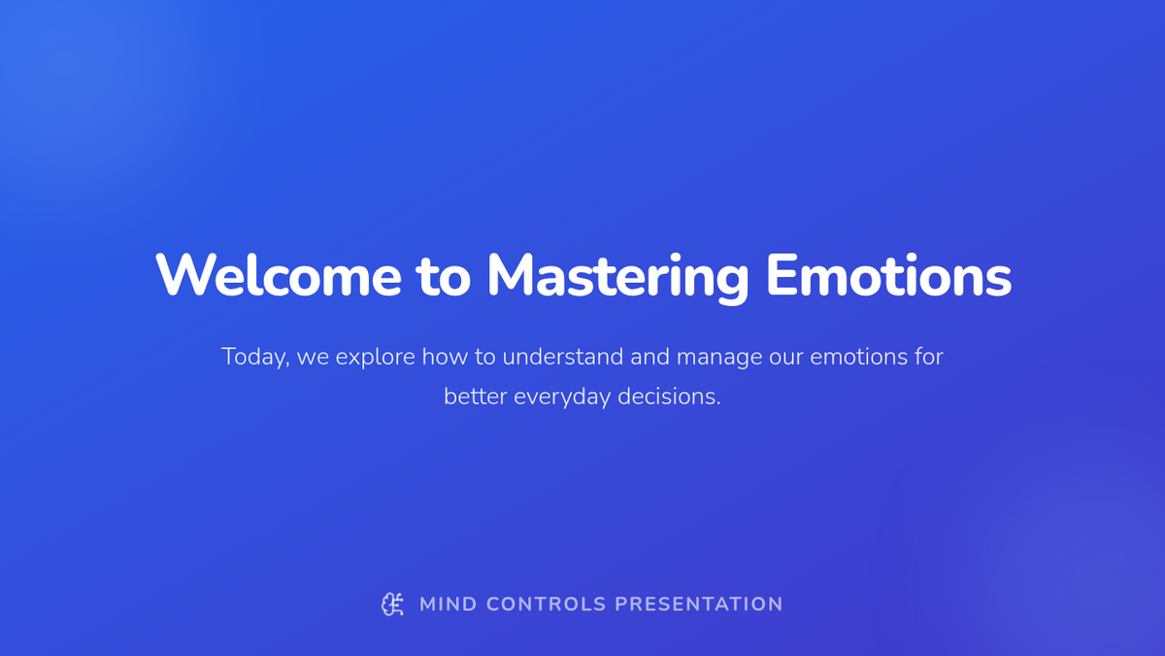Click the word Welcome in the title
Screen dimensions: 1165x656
[x=279, y=275]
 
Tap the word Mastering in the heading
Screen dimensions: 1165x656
[x=617, y=278]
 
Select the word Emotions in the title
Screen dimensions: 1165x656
[x=889, y=275]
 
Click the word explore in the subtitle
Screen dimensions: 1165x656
[x=375, y=358]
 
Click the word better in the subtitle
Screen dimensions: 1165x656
[x=476, y=397]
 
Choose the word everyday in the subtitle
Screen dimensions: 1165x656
[x=562, y=397]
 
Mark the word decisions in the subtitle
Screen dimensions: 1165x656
[x=669, y=397]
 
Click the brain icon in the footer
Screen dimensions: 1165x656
[x=392, y=604]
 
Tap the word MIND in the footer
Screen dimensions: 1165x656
[x=449, y=604]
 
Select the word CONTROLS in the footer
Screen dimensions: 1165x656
[x=546, y=604]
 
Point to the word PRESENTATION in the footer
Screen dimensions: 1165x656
[x=699, y=604]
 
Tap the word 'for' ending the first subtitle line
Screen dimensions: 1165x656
[x=928, y=357]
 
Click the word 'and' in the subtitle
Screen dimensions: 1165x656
[x=650, y=357]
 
